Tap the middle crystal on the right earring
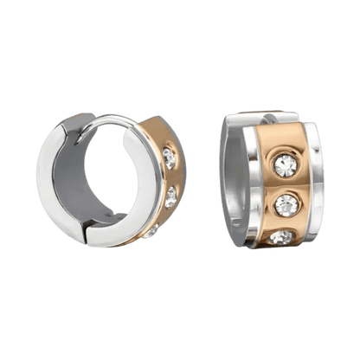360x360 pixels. point(286,205)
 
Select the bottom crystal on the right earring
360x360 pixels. point(281,236)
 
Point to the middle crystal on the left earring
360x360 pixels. point(170,197)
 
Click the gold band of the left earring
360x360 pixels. point(170,177)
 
